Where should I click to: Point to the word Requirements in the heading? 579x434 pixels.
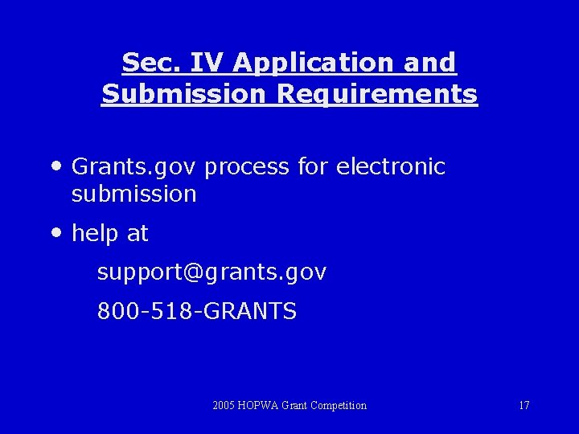(x=377, y=95)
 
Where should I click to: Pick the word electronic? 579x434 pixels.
(x=390, y=166)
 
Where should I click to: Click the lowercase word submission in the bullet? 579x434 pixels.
(x=133, y=194)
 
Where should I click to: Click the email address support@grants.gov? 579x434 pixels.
(x=211, y=272)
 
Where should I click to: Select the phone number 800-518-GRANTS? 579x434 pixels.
(x=196, y=310)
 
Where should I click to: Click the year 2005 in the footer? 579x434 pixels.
(x=224, y=405)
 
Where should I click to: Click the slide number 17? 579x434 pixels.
(x=524, y=405)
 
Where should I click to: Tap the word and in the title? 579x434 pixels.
(x=430, y=63)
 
